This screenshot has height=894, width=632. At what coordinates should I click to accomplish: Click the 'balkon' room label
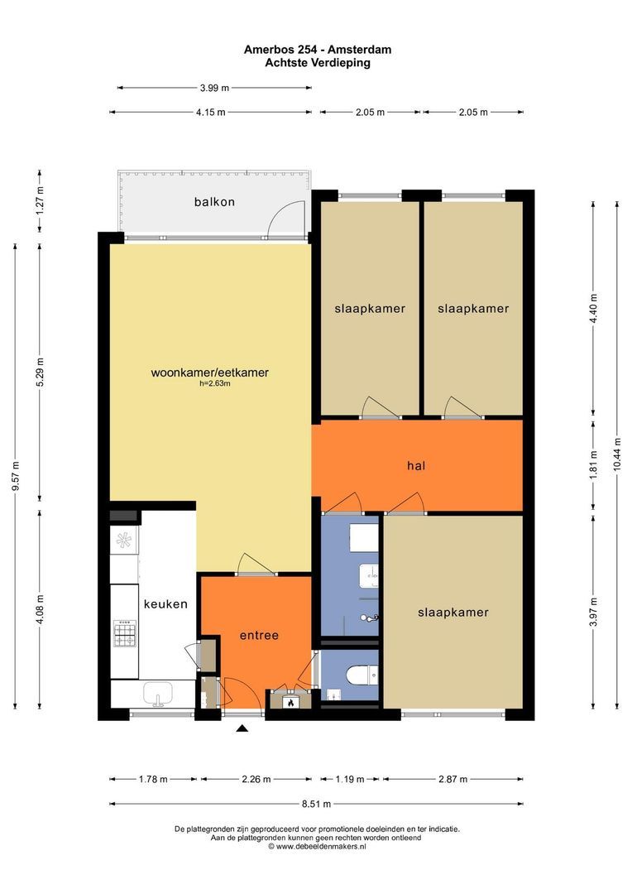[214, 202]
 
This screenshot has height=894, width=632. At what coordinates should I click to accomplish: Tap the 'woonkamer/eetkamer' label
[210, 372]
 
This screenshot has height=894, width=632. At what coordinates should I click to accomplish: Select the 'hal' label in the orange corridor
[416, 466]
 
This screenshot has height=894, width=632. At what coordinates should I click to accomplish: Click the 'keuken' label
[165, 603]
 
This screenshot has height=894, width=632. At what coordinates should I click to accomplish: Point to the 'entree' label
[259, 635]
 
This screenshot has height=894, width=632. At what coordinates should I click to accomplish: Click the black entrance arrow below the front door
[242, 728]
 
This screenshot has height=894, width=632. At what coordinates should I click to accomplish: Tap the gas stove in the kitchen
[125, 634]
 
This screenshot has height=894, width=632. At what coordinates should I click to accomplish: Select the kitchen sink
[159, 694]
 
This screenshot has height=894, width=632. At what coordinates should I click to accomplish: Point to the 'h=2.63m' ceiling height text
[210, 384]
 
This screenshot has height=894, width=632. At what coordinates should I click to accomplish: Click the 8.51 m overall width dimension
[316, 804]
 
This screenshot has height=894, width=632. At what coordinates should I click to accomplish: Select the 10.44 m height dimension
[617, 454]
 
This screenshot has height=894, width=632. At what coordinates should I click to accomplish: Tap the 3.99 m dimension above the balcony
[214, 88]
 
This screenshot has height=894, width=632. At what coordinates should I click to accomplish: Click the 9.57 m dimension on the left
[16, 476]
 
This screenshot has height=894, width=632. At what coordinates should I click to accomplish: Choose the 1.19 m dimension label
[349, 779]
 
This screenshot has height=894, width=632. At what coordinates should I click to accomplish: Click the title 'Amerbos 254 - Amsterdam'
[318, 50]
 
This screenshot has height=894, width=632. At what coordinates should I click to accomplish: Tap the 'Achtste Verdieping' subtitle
[318, 63]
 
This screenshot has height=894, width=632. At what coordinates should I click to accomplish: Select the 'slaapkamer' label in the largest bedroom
[453, 613]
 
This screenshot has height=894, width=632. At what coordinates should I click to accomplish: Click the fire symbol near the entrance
[291, 702]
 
